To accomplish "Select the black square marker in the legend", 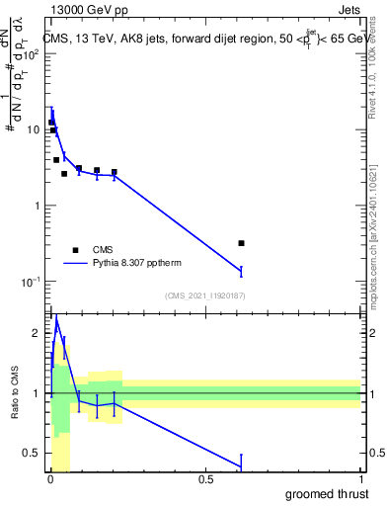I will point(74,250).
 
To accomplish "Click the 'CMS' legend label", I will point(103,250).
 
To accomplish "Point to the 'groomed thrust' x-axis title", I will point(328,493).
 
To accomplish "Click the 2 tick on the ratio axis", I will point(38,333).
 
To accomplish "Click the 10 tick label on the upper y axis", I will point(34,129).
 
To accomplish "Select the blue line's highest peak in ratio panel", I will point(56,318).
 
